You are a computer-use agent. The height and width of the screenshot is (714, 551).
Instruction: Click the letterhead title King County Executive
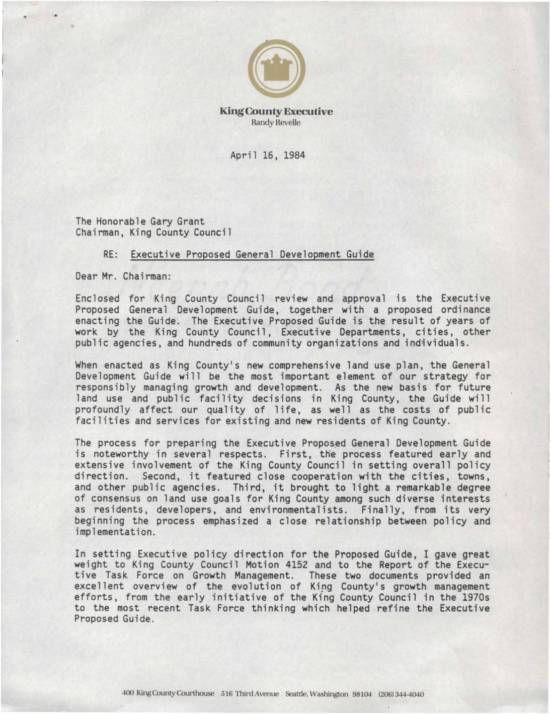click(x=276, y=111)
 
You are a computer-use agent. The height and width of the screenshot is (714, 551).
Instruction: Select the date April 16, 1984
click(x=268, y=155)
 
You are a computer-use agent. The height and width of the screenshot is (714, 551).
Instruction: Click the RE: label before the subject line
click(x=110, y=254)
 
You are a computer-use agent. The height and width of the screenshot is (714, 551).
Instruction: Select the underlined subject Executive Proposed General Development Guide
click(x=252, y=254)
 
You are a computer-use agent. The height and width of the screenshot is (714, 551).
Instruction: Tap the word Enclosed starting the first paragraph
click(x=97, y=299)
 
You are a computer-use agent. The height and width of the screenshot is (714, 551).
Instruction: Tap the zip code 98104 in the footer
click(x=361, y=694)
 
